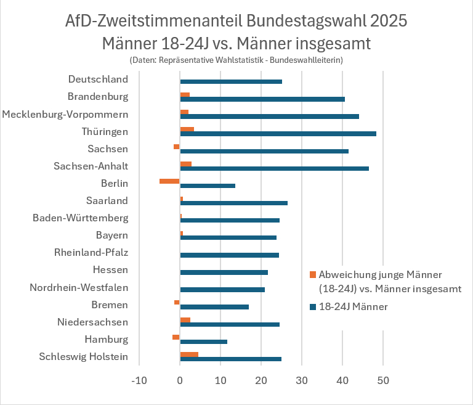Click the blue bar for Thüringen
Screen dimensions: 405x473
(278, 134)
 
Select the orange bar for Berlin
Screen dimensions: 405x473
(169, 181)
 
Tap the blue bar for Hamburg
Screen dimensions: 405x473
(203, 342)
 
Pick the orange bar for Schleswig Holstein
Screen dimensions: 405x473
(189, 354)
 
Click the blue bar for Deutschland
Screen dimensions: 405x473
(231, 81)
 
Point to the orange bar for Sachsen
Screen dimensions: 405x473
(177, 146)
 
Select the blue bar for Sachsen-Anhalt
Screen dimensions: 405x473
(274, 168)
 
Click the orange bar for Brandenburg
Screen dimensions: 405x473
(185, 94)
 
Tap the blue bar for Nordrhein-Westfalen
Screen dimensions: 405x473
(222, 290)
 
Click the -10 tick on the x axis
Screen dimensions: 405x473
(139, 381)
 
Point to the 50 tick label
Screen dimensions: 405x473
(383, 381)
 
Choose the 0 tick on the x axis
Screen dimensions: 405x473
(180, 381)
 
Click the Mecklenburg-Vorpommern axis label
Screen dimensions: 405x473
(65, 114)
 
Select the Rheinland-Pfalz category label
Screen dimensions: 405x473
(91, 252)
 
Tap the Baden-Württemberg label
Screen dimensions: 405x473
(80, 218)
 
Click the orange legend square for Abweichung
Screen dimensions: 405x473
(313, 274)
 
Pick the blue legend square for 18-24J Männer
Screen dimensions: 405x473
(313, 306)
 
